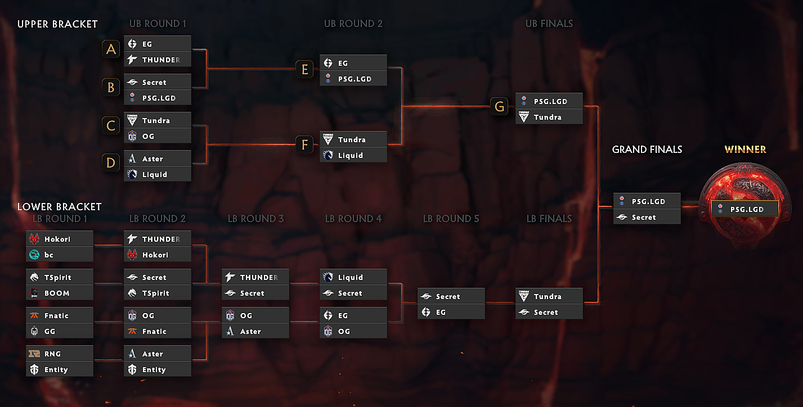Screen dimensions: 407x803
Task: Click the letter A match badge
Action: [x=111, y=49]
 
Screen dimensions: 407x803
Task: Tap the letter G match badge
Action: [x=499, y=106]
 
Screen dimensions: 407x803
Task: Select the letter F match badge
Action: [x=304, y=145]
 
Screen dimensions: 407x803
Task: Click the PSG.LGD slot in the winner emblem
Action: [x=744, y=209]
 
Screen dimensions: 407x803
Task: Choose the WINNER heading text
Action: [x=745, y=150]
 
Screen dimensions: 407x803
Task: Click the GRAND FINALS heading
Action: [x=647, y=150]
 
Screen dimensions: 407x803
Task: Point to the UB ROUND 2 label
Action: [x=353, y=24]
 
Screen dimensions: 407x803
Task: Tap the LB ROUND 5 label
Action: [x=451, y=219]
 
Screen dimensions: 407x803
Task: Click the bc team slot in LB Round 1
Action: [x=60, y=255]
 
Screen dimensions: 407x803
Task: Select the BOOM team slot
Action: [x=60, y=293]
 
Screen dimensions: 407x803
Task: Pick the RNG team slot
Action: [x=60, y=354]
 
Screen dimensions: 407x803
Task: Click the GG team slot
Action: [x=60, y=331]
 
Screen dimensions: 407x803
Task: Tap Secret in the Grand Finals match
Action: [x=647, y=217]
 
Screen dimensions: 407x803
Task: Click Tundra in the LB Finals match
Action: [x=549, y=296]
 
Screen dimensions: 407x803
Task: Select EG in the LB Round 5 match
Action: [x=451, y=312]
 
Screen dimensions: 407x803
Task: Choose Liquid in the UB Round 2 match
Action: [x=353, y=155]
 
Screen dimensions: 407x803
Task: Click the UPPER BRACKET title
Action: [x=57, y=24]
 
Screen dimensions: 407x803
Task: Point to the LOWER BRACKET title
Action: [x=59, y=207]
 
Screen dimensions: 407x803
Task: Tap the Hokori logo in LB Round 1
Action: [x=35, y=239]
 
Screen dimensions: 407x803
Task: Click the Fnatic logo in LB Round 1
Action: [x=35, y=316]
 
